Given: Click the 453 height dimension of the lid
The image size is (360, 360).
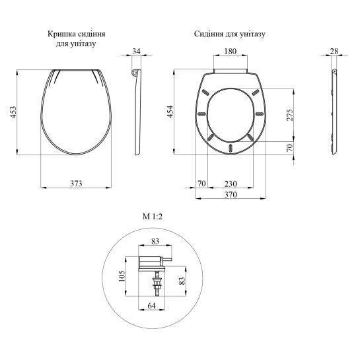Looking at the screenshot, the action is tap(14, 112).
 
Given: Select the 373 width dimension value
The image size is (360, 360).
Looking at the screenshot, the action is tap(76, 184).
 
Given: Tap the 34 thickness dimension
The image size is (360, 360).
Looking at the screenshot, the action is tap(136, 52).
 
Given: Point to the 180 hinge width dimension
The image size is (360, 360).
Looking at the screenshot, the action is tap(231, 52).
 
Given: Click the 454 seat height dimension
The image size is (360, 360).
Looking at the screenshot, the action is tap(170, 112).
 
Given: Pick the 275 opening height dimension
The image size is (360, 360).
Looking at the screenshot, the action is tap(290, 115).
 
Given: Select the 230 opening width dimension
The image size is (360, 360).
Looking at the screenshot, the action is tap(231, 184).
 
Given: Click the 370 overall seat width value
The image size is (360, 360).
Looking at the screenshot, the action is tap(231, 195).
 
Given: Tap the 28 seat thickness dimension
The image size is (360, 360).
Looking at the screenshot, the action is tap(334, 52).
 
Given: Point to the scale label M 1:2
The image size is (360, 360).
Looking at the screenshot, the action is tap(153, 217).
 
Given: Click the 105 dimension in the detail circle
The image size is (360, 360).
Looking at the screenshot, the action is tap(122, 276).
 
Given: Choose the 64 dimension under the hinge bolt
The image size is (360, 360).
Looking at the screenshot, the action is tap(151, 306).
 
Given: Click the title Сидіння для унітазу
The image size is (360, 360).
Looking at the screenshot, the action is tap(230, 34).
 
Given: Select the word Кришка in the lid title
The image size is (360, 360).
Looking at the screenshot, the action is tap(61, 34).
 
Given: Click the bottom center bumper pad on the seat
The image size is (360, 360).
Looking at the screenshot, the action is tap(231, 147).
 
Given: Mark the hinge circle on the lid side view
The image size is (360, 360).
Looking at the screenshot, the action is tap(136, 72).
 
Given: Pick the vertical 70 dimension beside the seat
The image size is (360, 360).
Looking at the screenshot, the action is tap(290, 147).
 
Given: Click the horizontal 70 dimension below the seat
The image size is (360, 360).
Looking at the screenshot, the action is tap(201, 184).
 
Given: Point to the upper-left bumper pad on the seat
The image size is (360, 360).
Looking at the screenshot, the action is tap(205, 92).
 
